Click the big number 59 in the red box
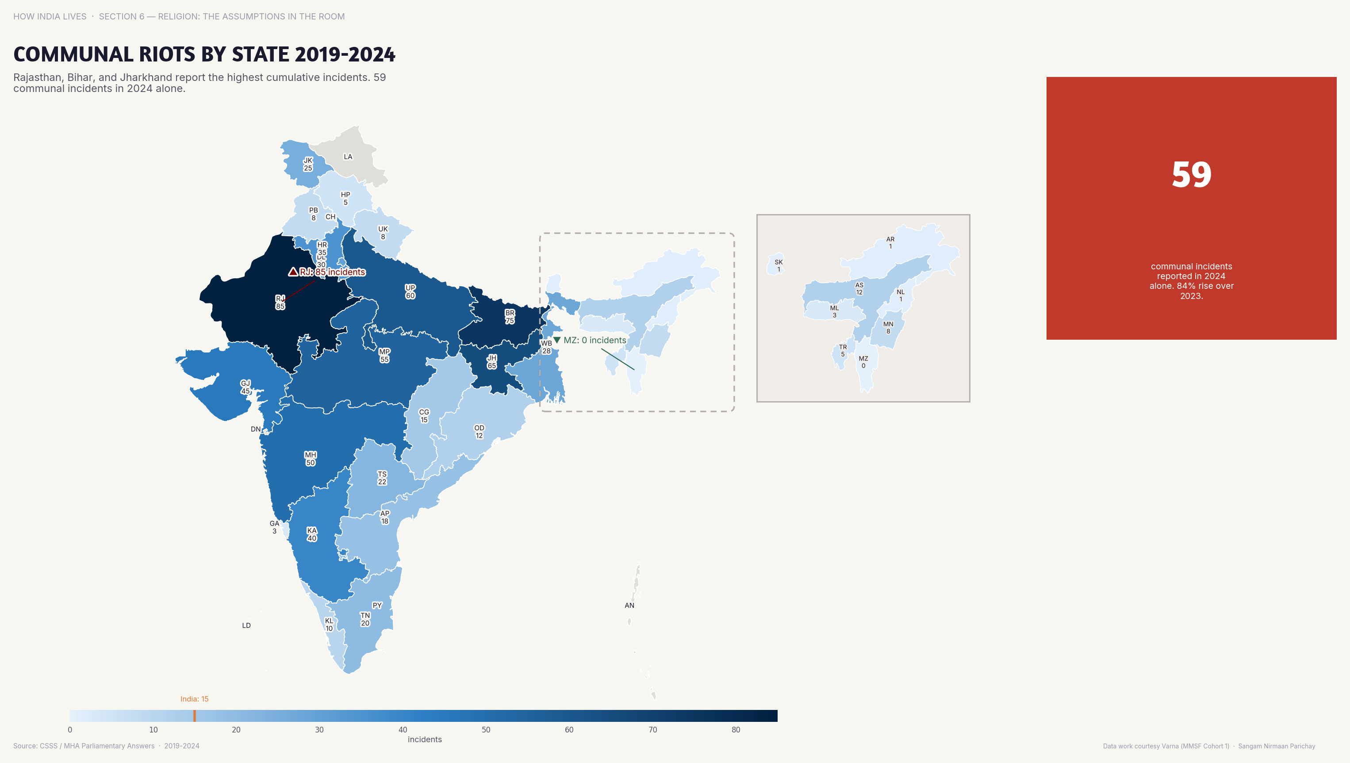(1191, 175)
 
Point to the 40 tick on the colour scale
(403, 729)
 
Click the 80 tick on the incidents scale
(736, 729)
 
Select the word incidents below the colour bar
(425, 740)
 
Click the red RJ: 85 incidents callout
(327, 272)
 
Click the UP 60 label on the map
(410, 291)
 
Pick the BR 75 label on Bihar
(510, 317)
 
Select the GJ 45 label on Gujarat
(245, 387)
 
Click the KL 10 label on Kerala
(329, 624)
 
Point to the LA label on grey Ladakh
(348, 157)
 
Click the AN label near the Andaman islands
(629, 605)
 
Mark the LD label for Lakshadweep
(246, 625)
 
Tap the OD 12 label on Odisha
(479, 431)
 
